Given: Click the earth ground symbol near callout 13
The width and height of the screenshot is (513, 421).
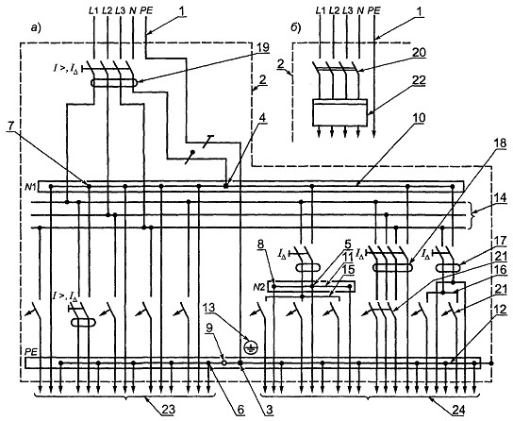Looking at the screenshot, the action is pyautogui.click(x=251, y=347).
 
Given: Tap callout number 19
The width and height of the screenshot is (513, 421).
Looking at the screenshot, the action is pyautogui.click(x=262, y=47).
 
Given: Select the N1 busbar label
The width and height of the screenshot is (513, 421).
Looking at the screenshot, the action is pyautogui.click(x=32, y=187).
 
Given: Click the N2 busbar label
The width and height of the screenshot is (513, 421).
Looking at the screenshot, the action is pyautogui.click(x=259, y=287).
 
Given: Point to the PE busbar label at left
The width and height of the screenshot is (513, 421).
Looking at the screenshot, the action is pyautogui.click(x=31, y=351).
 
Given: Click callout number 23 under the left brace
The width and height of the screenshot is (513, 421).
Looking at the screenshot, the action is pyautogui.click(x=168, y=410).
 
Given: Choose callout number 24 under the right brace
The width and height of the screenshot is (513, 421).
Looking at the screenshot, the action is pyautogui.click(x=457, y=410).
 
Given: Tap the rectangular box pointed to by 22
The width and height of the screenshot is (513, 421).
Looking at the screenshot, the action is pyautogui.click(x=339, y=112).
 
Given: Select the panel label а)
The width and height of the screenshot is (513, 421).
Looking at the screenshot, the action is pyautogui.click(x=36, y=28).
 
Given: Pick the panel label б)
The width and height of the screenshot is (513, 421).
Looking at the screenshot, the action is pyautogui.click(x=296, y=28).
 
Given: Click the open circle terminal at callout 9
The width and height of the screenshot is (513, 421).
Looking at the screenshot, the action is pyautogui.click(x=224, y=362).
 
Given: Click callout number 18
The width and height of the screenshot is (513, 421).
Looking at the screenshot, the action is pyautogui.click(x=500, y=143).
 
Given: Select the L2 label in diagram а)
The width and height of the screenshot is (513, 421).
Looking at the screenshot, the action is pyautogui.click(x=107, y=10).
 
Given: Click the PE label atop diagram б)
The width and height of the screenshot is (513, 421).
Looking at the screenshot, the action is pyautogui.click(x=374, y=10).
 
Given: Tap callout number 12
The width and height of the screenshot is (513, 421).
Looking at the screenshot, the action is pyautogui.click(x=500, y=310).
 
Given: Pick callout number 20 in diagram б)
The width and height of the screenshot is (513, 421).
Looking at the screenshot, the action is pyautogui.click(x=420, y=52).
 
